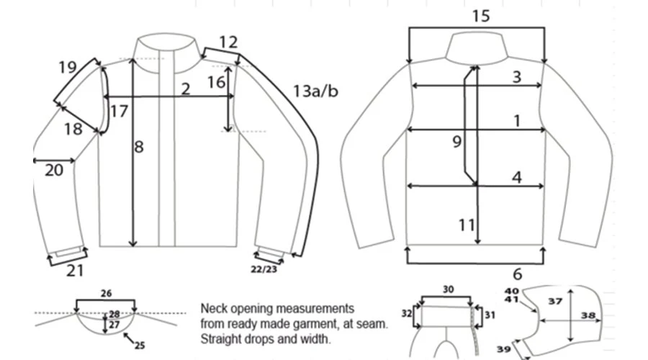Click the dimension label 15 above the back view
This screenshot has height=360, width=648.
click(x=481, y=16)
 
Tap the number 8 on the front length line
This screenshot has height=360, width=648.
click(x=139, y=147)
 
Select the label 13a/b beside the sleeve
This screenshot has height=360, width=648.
click(x=315, y=91)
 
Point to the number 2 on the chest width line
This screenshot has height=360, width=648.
click(x=186, y=89)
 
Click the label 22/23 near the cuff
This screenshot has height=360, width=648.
click(x=264, y=269)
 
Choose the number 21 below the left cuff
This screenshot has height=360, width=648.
click(x=75, y=271)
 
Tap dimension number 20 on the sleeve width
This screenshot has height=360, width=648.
click(x=54, y=170)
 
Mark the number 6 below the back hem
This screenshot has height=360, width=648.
click(x=518, y=274)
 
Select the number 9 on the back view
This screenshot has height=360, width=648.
click(x=456, y=142)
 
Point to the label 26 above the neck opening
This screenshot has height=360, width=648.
click(x=107, y=293)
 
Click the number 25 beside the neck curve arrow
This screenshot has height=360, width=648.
click(x=140, y=345)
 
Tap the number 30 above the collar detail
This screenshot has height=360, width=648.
click(x=449, y=289)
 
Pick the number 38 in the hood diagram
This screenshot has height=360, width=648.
click(x=588, y=316)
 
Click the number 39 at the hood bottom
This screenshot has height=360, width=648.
click(x=503, y=349)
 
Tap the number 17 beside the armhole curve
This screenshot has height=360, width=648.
click(x=119, y=111)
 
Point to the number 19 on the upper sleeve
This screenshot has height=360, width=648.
click(x=68, y=67)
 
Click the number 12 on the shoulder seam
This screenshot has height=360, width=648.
click(x=228, y=42)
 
